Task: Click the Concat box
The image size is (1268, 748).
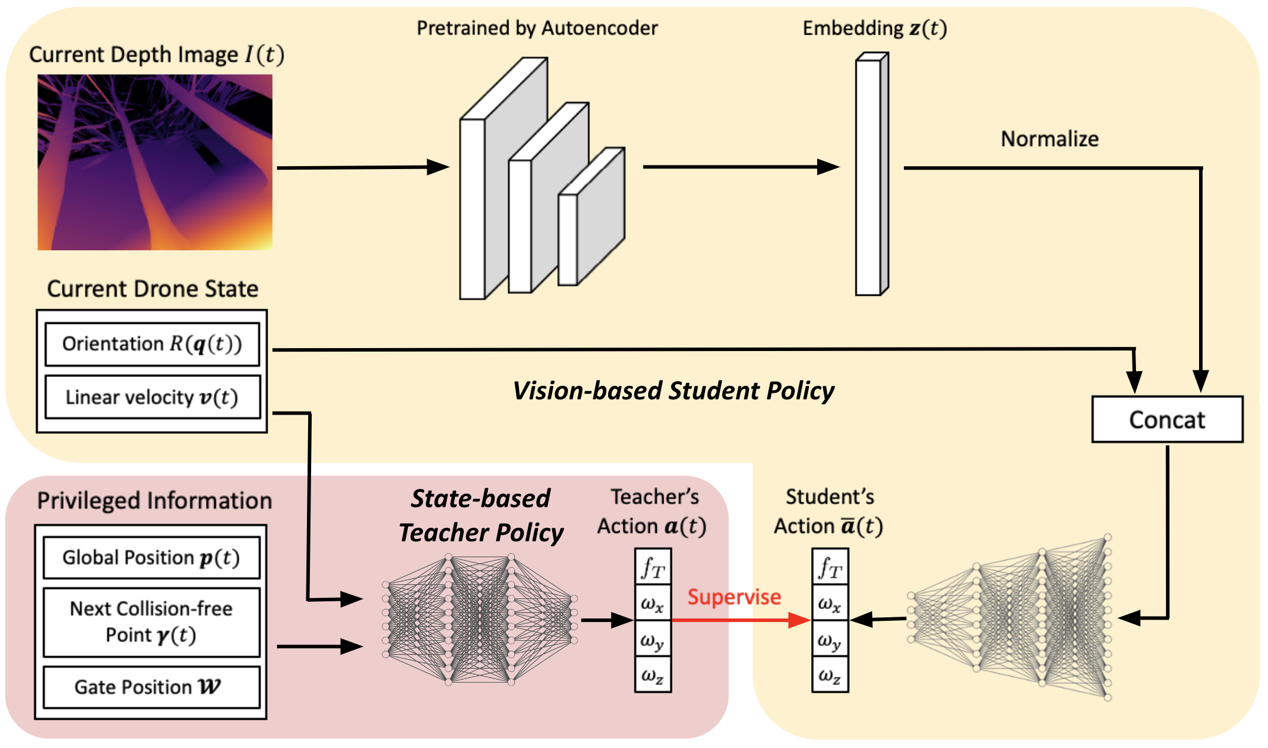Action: click(x=1167, y=419)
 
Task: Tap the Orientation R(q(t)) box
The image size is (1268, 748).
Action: click(x=152, y=344)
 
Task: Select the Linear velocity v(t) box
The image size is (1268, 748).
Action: click(x=152, y=398)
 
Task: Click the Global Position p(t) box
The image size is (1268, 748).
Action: click(x=151, y=557)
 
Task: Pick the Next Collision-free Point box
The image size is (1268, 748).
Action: click(x=151, y=622)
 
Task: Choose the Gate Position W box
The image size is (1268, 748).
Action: click(x=151, y=687)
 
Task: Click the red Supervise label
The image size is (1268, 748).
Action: click(x=734, y=597)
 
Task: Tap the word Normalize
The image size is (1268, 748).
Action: click(x=1049, y=139)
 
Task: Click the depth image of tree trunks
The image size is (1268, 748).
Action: click(x=155, y=162)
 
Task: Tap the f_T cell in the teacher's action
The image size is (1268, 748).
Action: click(x=653, y=567)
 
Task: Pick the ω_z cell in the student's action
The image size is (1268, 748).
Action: click(x=830, y=675)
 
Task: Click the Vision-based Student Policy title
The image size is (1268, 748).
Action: click(x=673, y=390)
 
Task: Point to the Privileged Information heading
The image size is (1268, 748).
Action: click(x=154, y=501)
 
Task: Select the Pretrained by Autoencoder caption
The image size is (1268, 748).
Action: click(x=537, y=28)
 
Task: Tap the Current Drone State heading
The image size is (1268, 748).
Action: click(x=153, y=289)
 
